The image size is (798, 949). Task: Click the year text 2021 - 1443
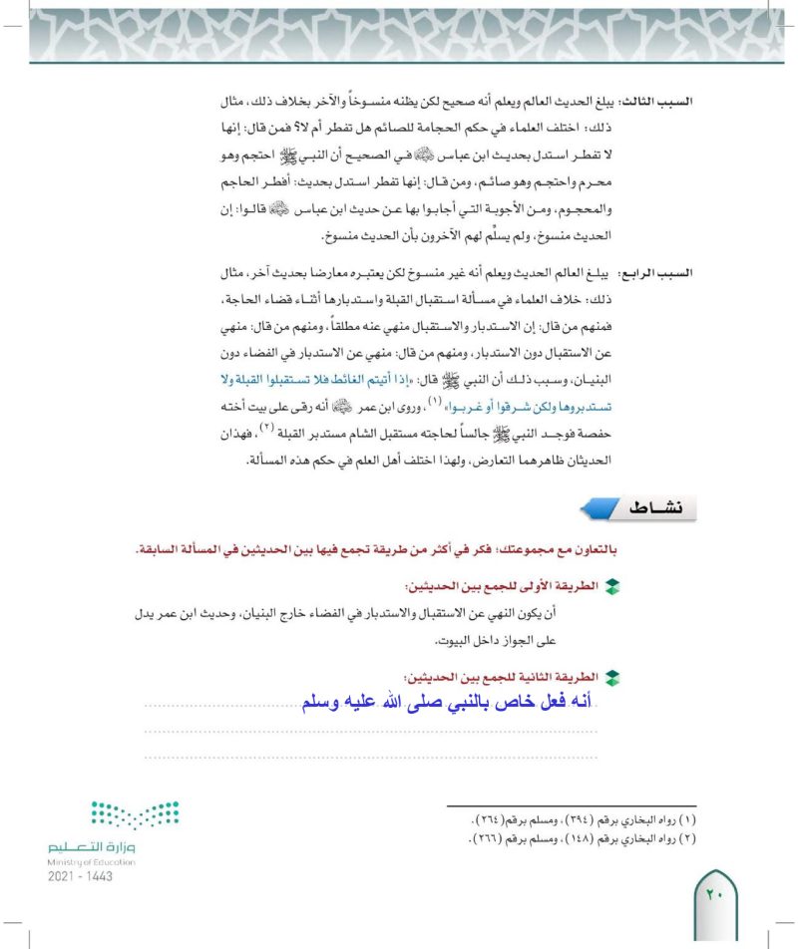click(x=80, y=876)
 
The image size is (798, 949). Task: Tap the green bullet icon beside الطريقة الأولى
click(x=612, y=587)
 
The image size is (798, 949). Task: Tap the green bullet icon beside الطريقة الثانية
click(x=612, y=677)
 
